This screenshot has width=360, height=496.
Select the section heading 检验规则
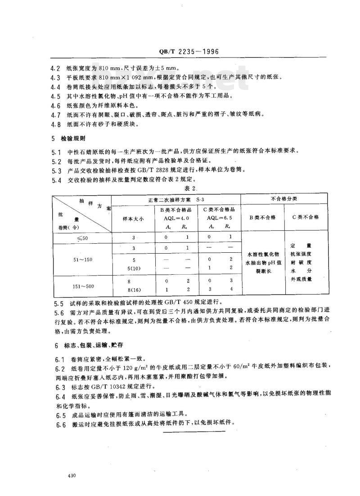75,139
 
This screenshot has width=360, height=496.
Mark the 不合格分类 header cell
284,198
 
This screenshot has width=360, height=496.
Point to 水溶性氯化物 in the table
263,254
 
